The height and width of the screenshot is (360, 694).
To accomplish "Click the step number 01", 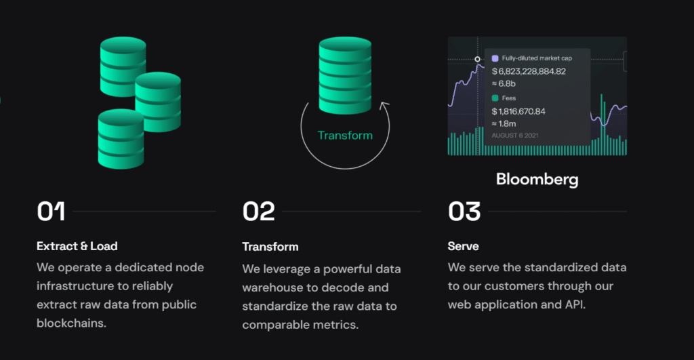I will point(51,212).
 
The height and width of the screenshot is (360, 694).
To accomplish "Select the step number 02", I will point(258,212).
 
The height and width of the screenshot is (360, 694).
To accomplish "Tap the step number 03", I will point(464,212).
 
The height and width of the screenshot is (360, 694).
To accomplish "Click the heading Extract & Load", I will point(77,245).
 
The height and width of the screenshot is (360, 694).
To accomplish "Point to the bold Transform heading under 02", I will point(270,246).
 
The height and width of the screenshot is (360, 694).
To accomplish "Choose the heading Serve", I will point(463,245).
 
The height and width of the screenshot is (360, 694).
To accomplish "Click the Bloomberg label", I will point(537,180).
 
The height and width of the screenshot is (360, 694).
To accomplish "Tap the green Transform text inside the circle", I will point(345,135).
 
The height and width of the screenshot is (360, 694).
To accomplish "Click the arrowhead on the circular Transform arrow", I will point(385,105).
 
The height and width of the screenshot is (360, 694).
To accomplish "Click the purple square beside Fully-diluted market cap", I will point(495,58).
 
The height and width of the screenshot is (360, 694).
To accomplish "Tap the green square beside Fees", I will point(495,98).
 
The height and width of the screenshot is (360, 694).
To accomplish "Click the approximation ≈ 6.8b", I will point(504,83).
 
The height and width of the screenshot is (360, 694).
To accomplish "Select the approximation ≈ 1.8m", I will point(505,123).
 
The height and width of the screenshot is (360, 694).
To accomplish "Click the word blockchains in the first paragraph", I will point(71,323).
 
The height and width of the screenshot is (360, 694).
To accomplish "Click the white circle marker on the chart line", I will point(477,59).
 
